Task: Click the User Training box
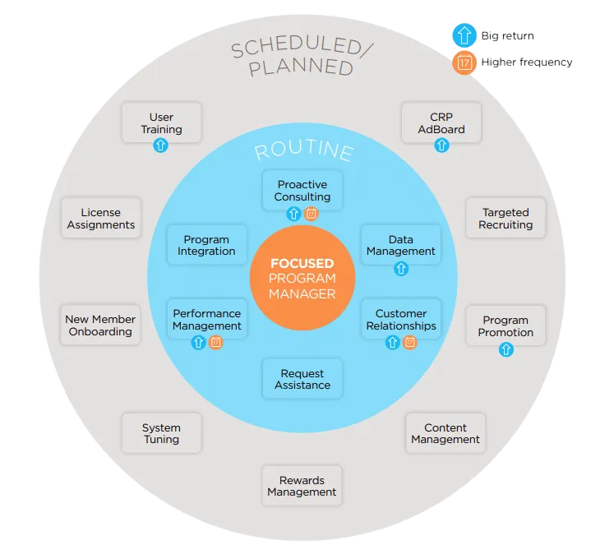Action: tap(161, 122)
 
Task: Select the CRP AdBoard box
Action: tap(441, 122)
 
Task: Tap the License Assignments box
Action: tap(101, 219)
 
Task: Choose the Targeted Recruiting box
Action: tap(506, 218)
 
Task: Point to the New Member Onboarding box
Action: tap(100, 325)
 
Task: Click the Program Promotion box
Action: tap(506, 325)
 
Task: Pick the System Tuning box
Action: tap(161, 433)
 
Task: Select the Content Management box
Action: tap(445, 433)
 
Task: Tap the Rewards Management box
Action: tap(302, 486)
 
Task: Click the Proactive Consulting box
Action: tap(302, 191)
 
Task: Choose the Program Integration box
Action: tap(206, 245)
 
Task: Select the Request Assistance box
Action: tap(302, 379)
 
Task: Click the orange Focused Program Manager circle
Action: tap(302, 278)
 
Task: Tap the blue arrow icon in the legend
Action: tap(464, 35)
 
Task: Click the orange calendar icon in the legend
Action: tap(464, 62)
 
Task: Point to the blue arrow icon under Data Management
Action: tap(401, 268)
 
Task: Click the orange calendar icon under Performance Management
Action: tap(215, 343)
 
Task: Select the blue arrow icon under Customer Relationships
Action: tap(393, 343)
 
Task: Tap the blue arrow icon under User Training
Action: tap(161, 145)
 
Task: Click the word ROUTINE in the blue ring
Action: tap(303, 152)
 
